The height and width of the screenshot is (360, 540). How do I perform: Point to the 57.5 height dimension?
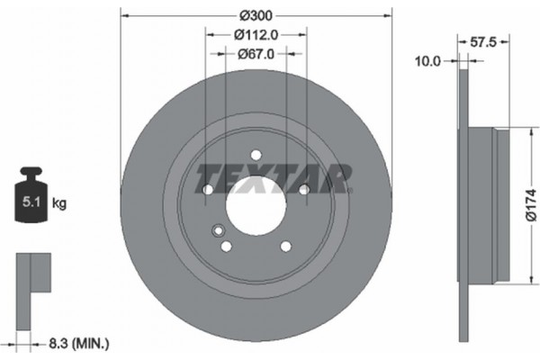(x=487, y=40)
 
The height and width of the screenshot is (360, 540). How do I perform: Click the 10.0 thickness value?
(x=427, y=62)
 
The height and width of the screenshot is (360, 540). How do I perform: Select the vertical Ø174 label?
(x=530, y=203)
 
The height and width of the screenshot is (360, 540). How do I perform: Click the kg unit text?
(x=59, y=203)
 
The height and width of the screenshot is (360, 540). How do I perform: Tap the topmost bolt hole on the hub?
(x=256, y=154)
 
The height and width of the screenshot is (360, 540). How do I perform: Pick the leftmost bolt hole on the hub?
(x=208, y=190)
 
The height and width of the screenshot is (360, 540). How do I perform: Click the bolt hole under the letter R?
(x=304, y=189)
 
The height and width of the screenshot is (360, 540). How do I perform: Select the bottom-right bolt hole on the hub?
(x=285, y=246)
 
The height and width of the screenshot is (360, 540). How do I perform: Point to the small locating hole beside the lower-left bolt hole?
(x=216, y=230)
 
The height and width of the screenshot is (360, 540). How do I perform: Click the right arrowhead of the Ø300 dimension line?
(x=389, y=15)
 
